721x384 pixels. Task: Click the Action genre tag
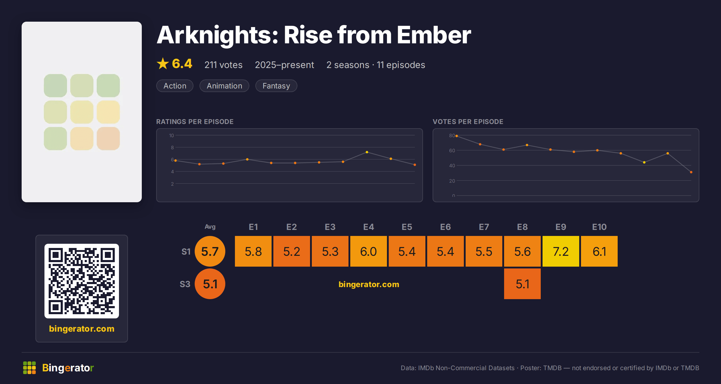pyautogui.click(x=175, y=86)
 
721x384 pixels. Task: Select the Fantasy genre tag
pyautogui.click(x=276, y=86)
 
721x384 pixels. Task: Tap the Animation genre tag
pyautogui.click(x=224, y=86)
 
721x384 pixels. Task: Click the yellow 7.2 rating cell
pyautogui.click(x=561, y=251)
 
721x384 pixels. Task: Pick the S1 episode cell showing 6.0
pyautogui.click(x=369, y=251)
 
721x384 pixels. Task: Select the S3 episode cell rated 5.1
pyautogui.click(x=522, y=284)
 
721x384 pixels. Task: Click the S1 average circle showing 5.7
pyautogui.click(x=210, y=251)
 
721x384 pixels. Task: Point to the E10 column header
pyautogui.click(x=599, y=227)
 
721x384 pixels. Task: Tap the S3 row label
pyautogui.click(x=185, y=284)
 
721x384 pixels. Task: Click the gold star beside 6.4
pyautogui.click(x=163, y=63)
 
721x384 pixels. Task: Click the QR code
pyautogui.click(x=82, y=281)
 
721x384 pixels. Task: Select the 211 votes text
pyautogui.click(x=224, y=65)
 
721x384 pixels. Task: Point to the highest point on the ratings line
pyautogui.click(x=367, y=152)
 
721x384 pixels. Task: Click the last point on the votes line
pyautogui.click(x=691, y=172)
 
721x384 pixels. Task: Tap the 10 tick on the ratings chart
pyautogui.click(x=172, y=135)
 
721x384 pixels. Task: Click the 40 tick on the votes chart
pyautogui.click(x=452, y=166)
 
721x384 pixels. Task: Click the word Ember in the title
pyautogui.click(x=434, y=35)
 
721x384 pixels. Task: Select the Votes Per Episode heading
pyautogui.click(x=468, y=122)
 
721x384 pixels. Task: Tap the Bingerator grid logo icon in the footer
pyautogui.click(x=29, y=368)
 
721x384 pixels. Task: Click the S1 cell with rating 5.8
pyautogui.click(x=253, y=251)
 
